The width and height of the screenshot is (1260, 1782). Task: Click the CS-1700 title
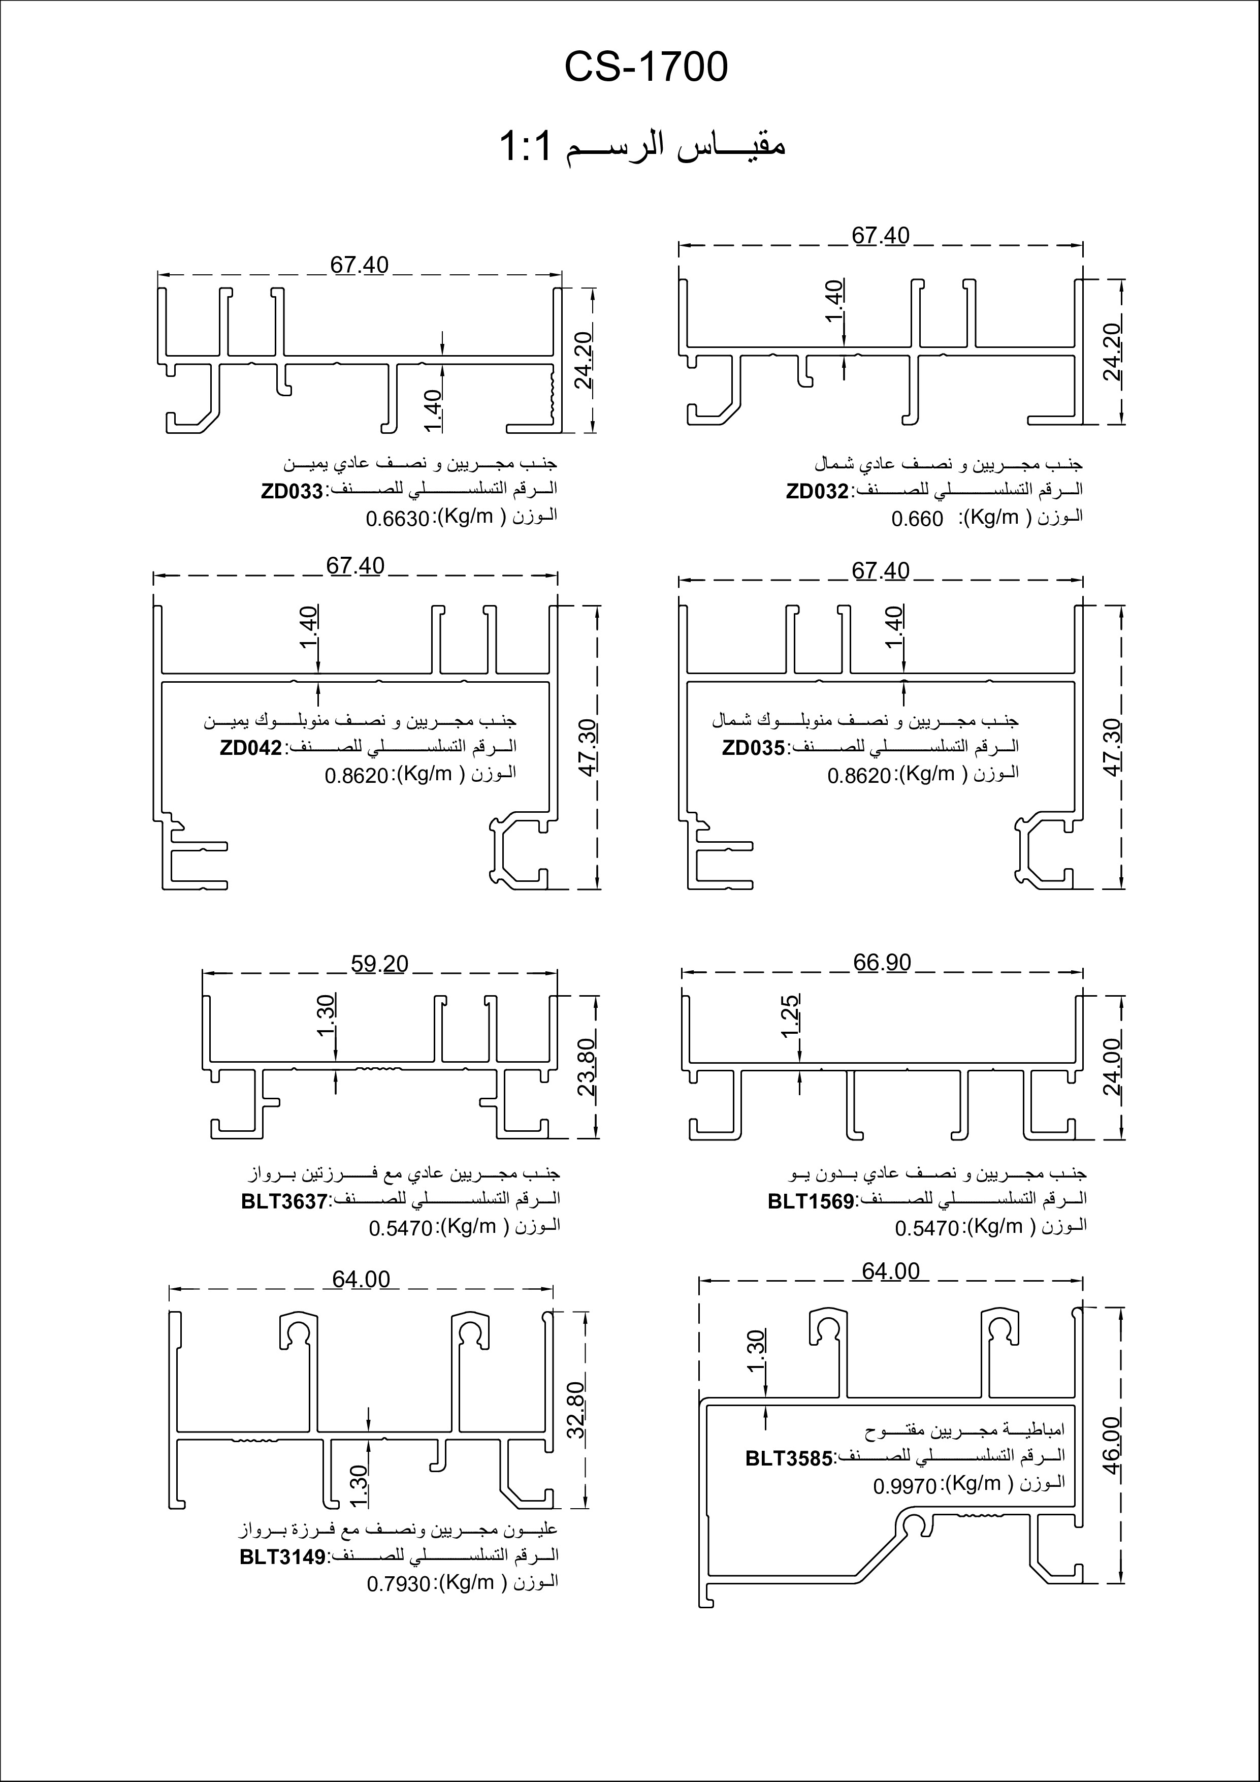click(x=645, y=68)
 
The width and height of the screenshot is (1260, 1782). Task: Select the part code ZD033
click(x=292, y=492)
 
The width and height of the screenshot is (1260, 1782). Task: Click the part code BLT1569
click(x=810, y=1201)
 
